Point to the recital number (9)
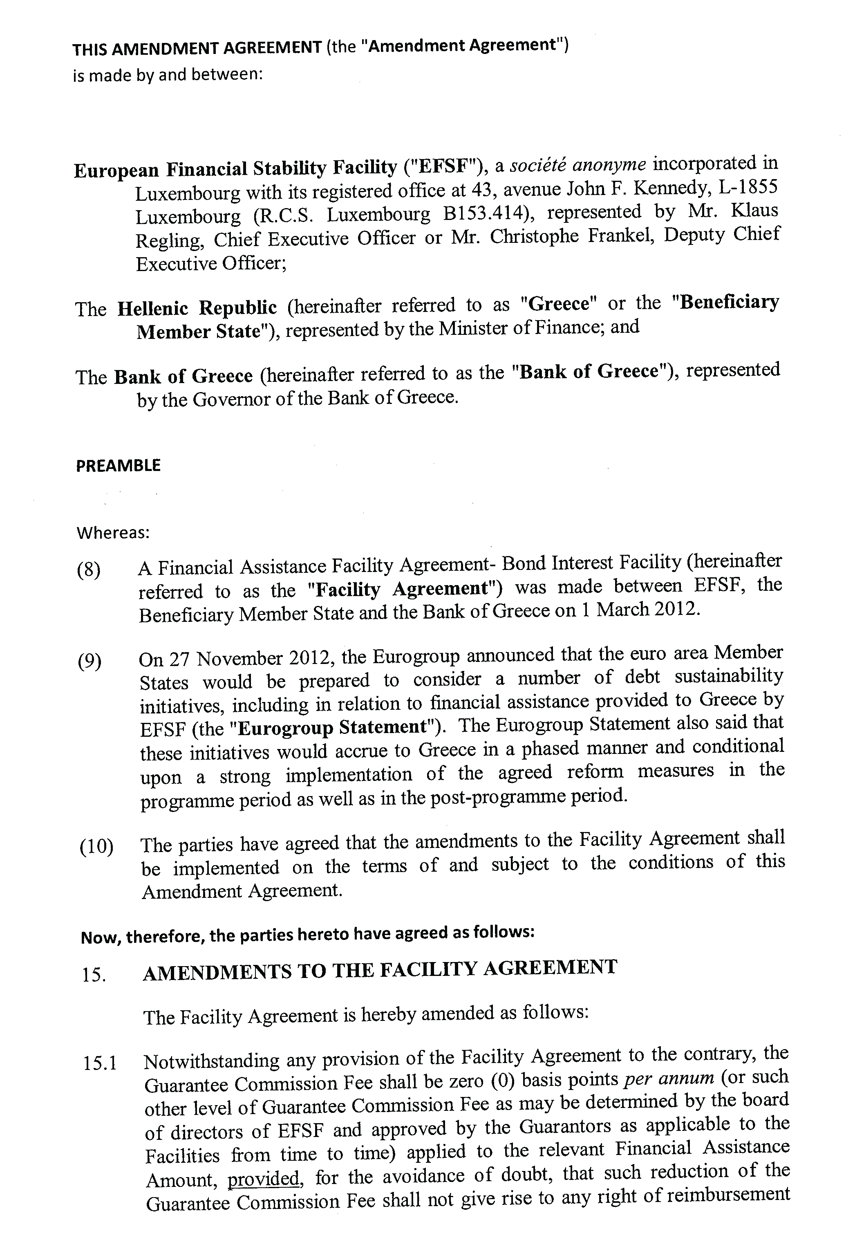click(90, 662)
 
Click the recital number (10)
click(96, 847)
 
